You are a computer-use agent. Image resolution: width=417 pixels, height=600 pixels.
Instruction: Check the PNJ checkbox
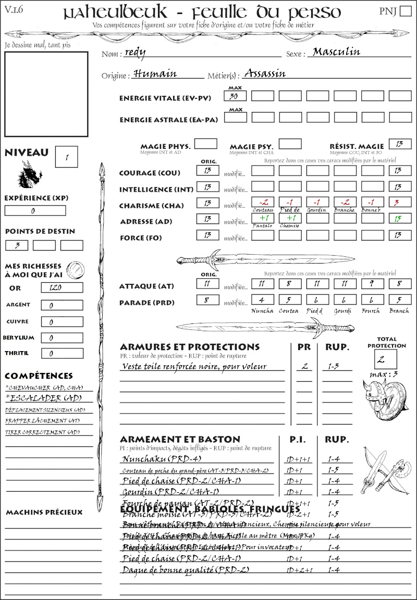pos(404,11)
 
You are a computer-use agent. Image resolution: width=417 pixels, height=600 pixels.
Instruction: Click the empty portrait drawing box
pos(46,94)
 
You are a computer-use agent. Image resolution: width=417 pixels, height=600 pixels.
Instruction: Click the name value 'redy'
pos(136,52)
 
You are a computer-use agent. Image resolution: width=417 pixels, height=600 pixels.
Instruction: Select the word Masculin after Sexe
pos(336,52)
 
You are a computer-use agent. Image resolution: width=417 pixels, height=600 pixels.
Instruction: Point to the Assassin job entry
pos(265,73)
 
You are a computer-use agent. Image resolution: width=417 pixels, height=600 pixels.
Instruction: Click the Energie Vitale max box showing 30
pos(236,96)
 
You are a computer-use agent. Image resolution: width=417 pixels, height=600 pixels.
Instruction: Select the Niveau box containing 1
pos(67,156)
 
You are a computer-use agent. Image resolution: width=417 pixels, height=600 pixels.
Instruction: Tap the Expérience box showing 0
pos(35,210)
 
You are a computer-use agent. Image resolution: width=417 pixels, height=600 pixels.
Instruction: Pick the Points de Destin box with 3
pos(17,245)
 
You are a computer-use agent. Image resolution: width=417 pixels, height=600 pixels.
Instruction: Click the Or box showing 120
pos(62,287)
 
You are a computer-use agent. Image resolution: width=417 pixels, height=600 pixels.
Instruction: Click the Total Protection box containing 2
pos(385,358)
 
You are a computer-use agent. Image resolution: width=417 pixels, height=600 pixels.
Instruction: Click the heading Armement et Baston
pos(180,439)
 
